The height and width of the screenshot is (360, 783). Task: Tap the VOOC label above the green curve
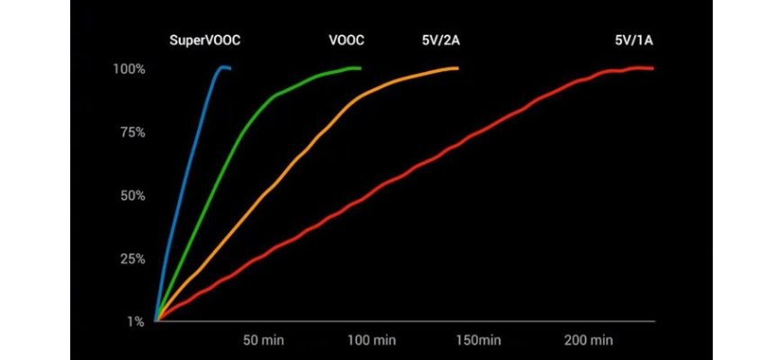click(x=346, y=40)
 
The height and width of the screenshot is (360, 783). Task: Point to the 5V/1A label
click(x=634, y=40)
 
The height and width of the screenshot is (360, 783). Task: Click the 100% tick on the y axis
click(x=130, y=69)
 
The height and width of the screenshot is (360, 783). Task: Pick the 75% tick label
click(x=132, y=132)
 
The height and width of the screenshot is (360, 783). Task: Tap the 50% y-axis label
click(x=132, y=195)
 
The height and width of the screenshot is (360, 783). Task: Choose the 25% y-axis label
click(x=132, y=258)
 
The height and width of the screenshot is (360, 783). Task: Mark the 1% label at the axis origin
click(x=136, y=321)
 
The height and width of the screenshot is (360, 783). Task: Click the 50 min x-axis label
click(x=264, y=340)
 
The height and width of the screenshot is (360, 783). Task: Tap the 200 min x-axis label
click(x=589, y=340)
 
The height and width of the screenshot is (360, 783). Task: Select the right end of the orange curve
click(x=457, y=67)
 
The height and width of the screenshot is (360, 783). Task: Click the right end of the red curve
click(x=652, y=68)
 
